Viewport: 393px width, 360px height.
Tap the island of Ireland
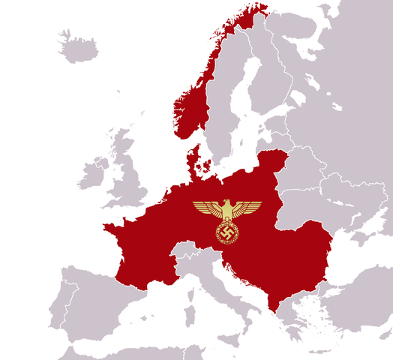click(91, 175)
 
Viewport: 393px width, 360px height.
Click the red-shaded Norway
click(192, 105)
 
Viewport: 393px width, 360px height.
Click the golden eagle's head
click(226, 204)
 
